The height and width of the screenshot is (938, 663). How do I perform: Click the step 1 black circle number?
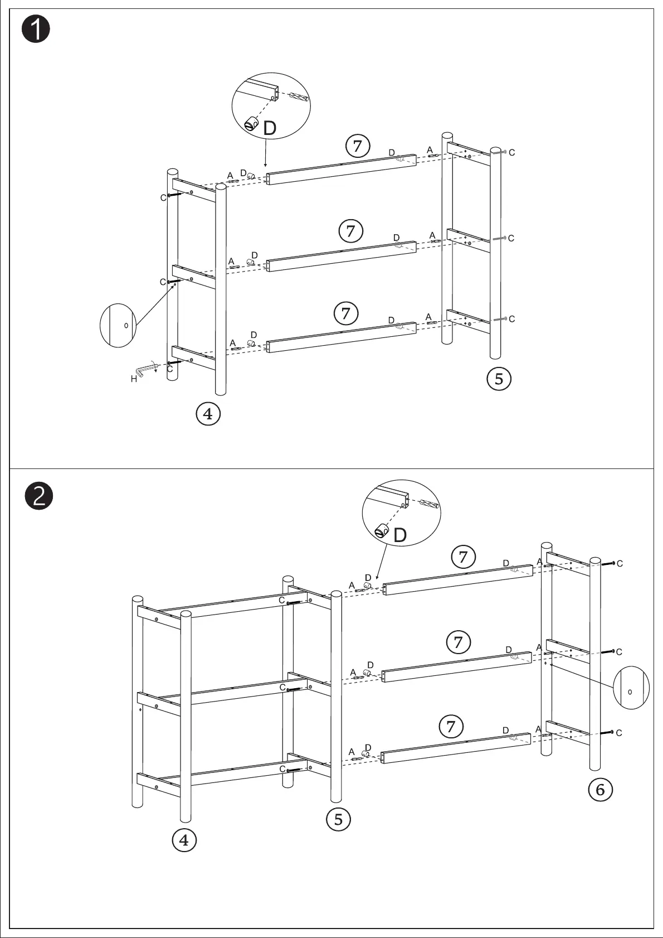tap(36, 30)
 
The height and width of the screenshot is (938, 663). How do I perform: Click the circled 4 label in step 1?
tap(208, 414)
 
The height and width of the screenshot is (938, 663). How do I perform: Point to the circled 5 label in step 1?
tap(499, 379)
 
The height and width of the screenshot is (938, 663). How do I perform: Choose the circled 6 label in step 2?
tap(600, 790)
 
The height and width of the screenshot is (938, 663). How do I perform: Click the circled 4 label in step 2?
tap(184, 840)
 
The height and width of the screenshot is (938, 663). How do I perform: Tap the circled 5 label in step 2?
tap(338, 819)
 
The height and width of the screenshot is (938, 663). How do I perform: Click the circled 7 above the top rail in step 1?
tap(358, 147)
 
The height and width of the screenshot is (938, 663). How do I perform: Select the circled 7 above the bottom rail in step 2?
tap(451, 727)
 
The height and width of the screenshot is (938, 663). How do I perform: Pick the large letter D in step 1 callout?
tap(269, 129)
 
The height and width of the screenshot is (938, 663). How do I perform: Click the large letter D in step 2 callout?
tap(400, 535)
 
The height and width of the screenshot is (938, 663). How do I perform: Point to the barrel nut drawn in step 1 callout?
tap(251, 123)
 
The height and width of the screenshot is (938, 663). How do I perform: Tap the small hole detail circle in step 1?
tap(118, 326)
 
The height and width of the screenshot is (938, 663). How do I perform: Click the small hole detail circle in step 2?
tap(631, 690)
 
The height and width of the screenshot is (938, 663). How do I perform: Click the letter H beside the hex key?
tap(134, 379)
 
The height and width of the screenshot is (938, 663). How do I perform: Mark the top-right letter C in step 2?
tap(620, 564)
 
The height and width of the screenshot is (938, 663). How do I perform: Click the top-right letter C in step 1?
tap(511, 152)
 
